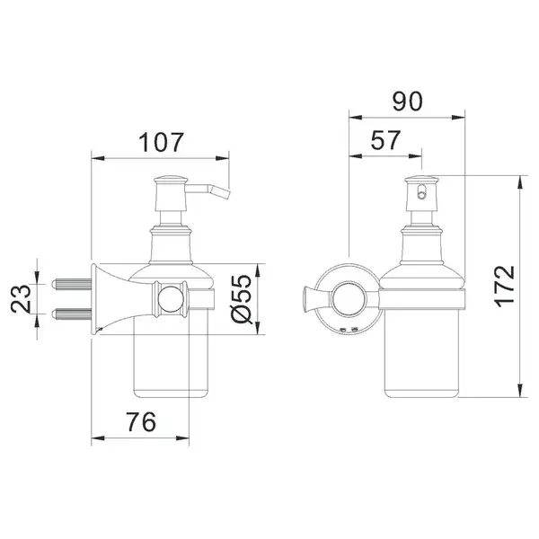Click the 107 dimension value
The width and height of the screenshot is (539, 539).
coord(161,142)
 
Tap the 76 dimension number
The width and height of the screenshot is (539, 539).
coord(141,422)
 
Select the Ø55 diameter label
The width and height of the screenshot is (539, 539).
coord(242,299)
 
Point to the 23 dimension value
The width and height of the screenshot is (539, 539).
coord(21,299)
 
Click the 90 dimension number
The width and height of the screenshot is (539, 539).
coord(407,102)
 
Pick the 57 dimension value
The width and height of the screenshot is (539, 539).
coord(385,140)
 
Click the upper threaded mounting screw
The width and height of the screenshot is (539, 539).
coord(72,284)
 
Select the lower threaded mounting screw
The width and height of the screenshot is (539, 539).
coord(72,314)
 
